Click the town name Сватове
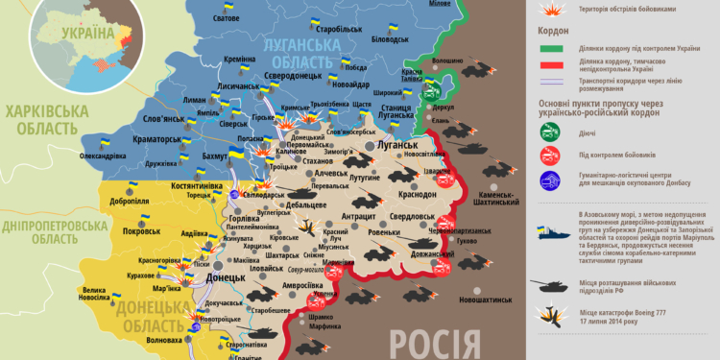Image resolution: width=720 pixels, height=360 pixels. coord(226,19)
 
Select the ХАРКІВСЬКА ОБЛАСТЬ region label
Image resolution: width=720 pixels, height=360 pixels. coord(40,120)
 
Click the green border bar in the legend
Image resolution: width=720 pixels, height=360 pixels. coord(551,49)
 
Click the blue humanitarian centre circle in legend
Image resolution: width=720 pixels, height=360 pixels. coord(551,180)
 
